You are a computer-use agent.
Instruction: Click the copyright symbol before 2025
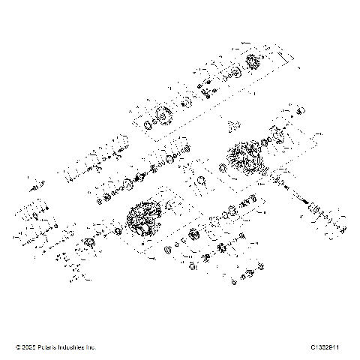18,347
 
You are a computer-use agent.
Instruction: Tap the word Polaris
49,347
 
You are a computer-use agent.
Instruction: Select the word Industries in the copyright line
73,347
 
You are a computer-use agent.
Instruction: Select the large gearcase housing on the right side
243,159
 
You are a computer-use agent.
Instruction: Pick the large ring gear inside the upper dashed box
159,118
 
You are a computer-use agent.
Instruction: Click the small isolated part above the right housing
232,120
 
